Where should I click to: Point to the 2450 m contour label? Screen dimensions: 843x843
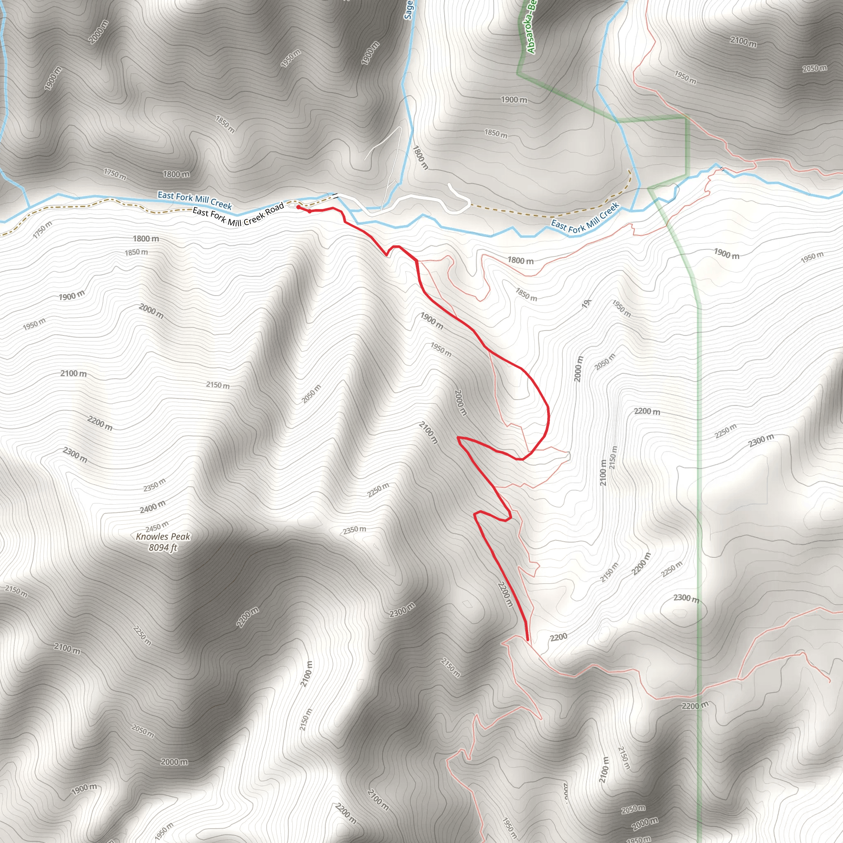pyautogui.click(x=157, y=526)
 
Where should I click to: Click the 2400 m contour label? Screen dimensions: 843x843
pyautogui.click(x=153, y=507)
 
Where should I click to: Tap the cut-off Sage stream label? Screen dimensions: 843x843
pyautogui.click(x=408, y=9)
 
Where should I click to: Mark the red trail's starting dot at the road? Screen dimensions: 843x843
pyautogui.click(x=298, y=207)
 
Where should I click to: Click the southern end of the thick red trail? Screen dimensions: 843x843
pyautogui.click(x=528, y=640)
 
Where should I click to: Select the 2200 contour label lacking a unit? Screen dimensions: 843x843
pyautogui.click(x=559, y=637)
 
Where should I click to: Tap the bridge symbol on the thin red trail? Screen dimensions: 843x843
pyautogui.click(x=722, y=169)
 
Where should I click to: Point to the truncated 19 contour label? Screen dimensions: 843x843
pyautogui.click(x=586, y=303)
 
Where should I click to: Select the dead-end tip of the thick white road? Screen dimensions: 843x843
pyautogui.click(x=449, y=184)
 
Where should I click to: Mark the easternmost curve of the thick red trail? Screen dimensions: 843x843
pyautogui.click(x=548, y=417)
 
